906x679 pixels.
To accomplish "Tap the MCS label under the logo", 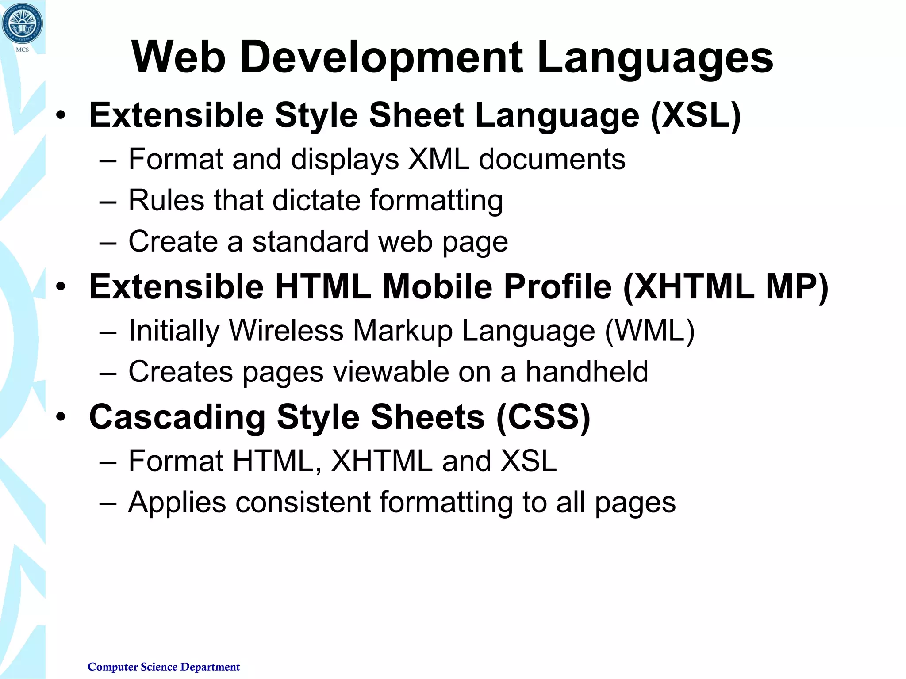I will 22,50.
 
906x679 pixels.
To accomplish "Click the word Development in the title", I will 382,57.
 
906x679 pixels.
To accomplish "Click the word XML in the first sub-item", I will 438,159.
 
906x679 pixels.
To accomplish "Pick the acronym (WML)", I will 649,331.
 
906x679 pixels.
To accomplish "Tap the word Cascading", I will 177,417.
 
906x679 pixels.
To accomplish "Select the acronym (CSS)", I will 543,417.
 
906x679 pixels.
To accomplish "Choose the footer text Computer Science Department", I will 164,667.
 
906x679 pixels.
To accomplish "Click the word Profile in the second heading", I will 558,287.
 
